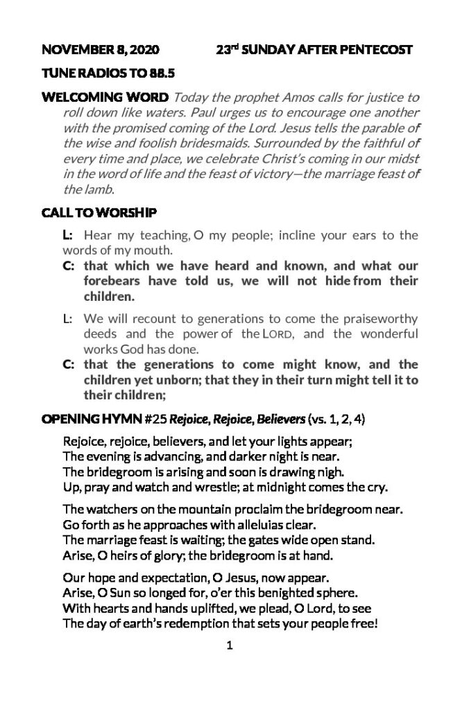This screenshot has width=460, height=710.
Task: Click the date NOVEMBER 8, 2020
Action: (x=101, y=49)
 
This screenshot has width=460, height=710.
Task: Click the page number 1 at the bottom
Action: (x=229, y=648)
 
